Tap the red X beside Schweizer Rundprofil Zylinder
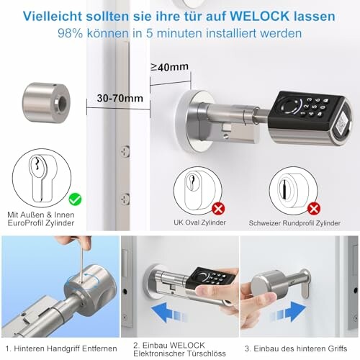tap(313, 209)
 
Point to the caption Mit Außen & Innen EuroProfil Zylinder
tap(40, 219)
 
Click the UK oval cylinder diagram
tap(197, 191)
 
